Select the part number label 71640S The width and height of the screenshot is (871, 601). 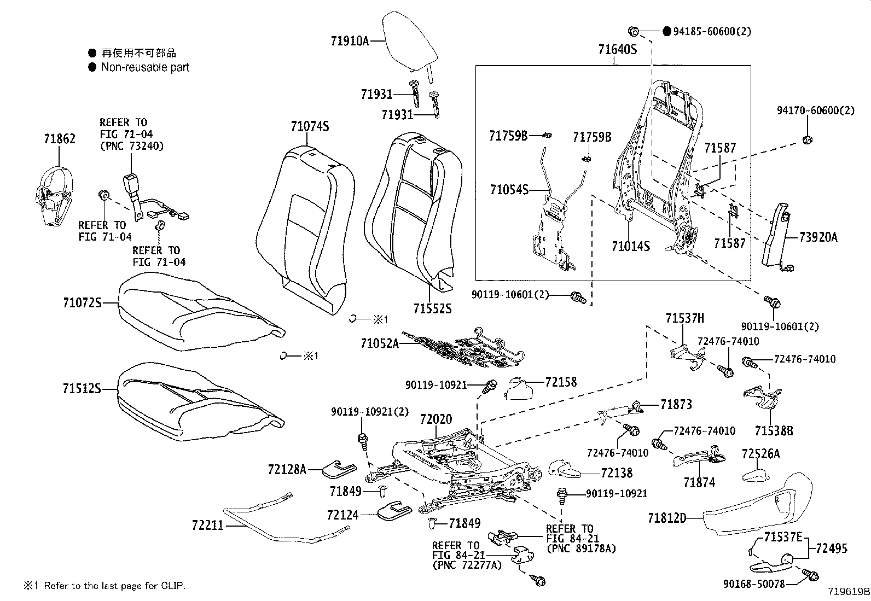pyautogui.click(x=618, y=50)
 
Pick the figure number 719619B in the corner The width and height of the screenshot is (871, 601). pyautogui.click(x=847, y=592)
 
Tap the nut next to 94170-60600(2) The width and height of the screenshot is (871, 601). pyautogui.click(x=806, y=141)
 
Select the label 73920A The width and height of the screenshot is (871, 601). pyautogui.click(x=818, y=237)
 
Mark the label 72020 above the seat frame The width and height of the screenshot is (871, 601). pyautogui.click(x=436, y=419)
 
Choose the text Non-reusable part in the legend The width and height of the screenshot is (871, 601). pyautogui.click(x=145, y=67)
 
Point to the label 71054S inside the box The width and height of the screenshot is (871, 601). pyautogui.click(x=509, y=190)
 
